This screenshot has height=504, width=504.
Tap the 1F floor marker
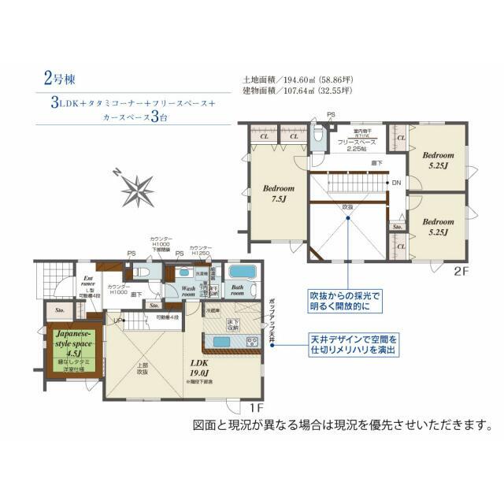point(255,408)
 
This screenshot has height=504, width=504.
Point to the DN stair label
point(395,183)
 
